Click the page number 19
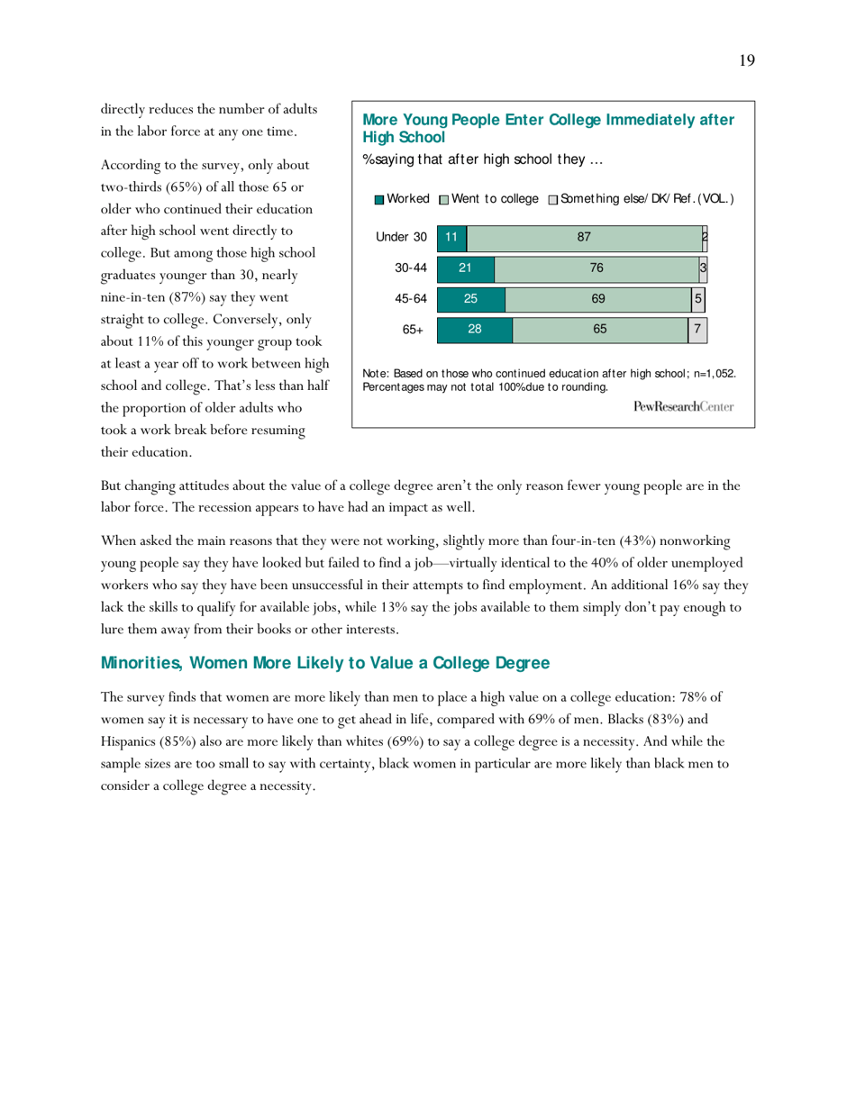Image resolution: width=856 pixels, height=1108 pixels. point(747,61)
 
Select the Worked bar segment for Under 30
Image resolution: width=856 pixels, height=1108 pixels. point(451,237)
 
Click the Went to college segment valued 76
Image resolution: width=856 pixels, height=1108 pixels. point(596,268)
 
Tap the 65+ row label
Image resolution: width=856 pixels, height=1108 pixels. point(413,331)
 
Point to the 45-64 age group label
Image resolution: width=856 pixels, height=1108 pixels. point(410,299)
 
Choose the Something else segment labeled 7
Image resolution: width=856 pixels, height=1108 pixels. point(697,330)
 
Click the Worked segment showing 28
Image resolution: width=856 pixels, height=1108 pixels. point(474,330)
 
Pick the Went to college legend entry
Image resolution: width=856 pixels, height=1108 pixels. point(489,198)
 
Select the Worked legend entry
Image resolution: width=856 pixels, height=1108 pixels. point(402,198)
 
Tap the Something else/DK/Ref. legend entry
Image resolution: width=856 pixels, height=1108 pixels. point(641,198)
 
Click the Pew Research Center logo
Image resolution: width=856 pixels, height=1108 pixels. point(683,407)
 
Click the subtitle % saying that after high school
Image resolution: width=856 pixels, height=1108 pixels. point(482,160)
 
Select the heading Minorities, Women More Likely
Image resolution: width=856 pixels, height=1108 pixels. point(324,664)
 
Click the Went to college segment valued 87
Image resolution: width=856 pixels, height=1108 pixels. point(584,237)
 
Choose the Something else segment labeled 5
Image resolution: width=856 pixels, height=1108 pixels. point(697,299)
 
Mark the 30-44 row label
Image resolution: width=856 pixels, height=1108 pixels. point(410,268)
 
